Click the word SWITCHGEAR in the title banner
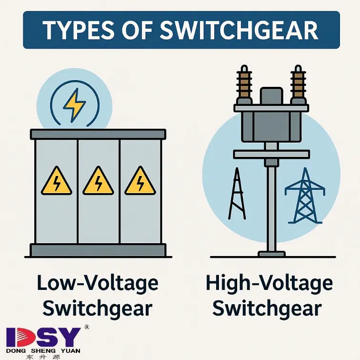click(x=239, y=30)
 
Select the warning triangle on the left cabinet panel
click(x=57, y=181)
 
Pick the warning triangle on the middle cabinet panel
click(x=98, y=181)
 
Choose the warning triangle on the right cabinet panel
click(x=140, y=181)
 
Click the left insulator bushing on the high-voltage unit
click(x=244, y=84)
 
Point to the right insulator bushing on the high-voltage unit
click(x=298, y=84)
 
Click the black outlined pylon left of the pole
click(x=237, y=194)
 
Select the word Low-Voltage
click(x=98, y=283)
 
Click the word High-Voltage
click(x=269, y=283)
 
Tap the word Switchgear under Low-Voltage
click(x=98, y=309)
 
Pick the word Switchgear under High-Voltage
click(x=267, y=309)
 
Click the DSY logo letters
click(x=43, y=337)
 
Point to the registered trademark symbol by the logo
click(x=87, y=327)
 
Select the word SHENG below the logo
click(x=43, y=351)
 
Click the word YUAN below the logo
click(x=70, y=351)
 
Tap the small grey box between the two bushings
click(x=271, y=96)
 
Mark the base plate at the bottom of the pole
click(x=271, y=254)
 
